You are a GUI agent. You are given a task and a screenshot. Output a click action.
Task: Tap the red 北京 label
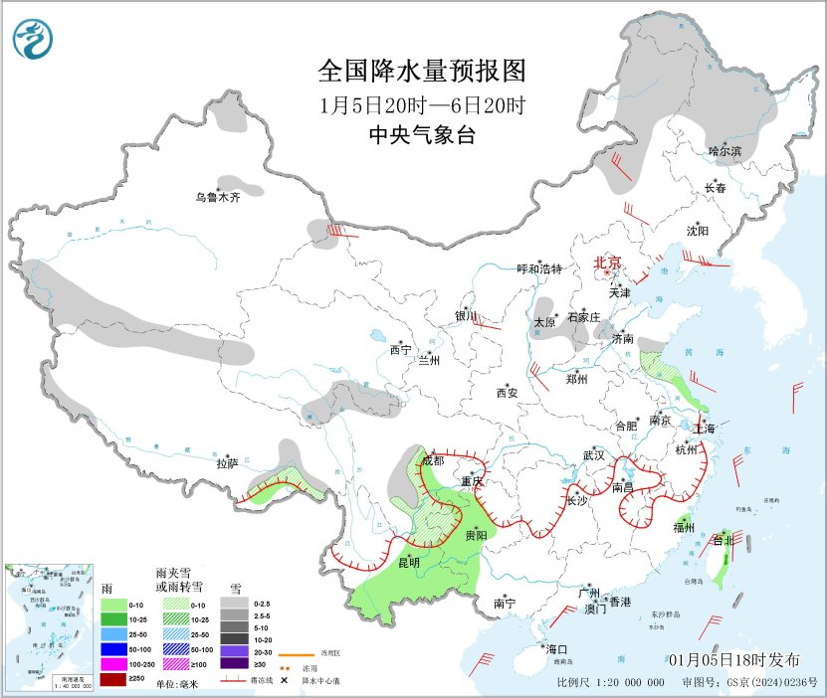(x=607, y=262)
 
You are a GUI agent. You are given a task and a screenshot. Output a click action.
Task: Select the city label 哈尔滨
(x=725, y=150)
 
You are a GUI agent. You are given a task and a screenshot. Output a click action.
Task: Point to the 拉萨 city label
(x=228, y=462)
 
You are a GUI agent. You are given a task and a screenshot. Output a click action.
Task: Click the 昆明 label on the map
(x=409, y=562)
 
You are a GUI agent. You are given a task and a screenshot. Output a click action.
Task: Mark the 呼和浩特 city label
(x=539, y=268)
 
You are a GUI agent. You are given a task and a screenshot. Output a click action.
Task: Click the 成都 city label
(x=433, y=460)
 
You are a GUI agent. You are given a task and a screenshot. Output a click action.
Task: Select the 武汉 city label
(x=594, y=455)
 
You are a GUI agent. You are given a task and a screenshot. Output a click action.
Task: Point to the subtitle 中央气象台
(x=421, y=135)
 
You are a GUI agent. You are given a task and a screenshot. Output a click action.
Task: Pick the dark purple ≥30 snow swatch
(x=235, y=664)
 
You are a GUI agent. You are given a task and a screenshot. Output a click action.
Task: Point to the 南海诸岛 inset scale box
(x=47, y=680)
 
